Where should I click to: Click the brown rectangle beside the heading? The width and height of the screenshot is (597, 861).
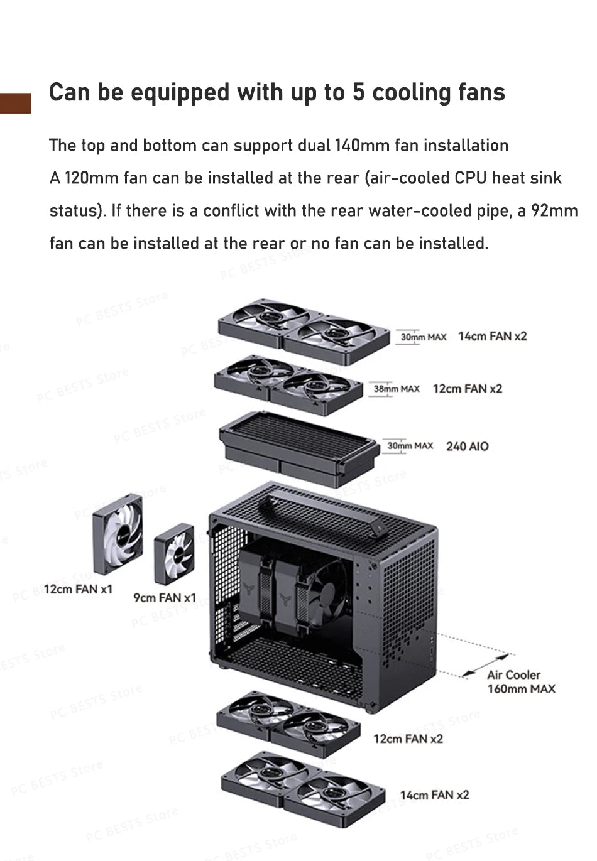point(15,103)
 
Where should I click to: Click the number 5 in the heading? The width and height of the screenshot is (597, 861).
point(358,92)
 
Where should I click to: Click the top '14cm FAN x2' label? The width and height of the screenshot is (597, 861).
point(492,336)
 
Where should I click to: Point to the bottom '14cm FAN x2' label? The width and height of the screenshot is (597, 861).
point(434,795)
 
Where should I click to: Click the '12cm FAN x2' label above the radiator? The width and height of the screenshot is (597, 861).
point(467,389)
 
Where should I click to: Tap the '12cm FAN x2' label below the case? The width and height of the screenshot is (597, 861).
point(408,739)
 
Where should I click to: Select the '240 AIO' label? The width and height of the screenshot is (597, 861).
point(467,447)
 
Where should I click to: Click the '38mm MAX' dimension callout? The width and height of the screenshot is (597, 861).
point(396,389)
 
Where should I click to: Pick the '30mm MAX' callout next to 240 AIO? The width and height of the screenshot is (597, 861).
point(410,446)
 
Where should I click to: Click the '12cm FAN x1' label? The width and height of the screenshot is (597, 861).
point(78,589)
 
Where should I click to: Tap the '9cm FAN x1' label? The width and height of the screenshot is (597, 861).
point(165,598)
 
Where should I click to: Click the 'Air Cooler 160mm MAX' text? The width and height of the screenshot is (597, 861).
point(520,682)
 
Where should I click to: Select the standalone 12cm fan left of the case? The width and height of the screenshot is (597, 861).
point(118,534)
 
